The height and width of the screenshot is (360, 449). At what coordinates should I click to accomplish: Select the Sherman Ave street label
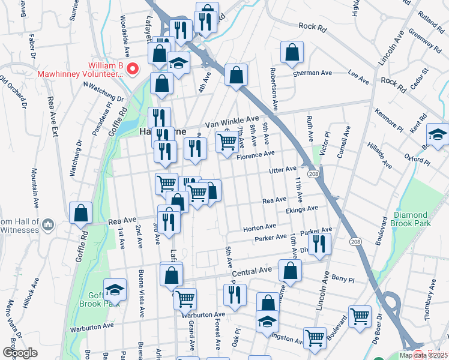tap(312, 73)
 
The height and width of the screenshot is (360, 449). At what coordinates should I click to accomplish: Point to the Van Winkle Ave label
tap(232, 121)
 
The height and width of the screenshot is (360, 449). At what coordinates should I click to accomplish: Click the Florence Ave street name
tap(255, 156)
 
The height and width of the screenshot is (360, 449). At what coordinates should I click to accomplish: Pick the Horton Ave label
tap(259, 227)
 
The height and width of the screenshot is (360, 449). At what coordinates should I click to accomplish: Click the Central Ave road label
tap(253, 273)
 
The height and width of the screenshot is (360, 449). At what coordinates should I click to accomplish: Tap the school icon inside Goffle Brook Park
tap(115, 290)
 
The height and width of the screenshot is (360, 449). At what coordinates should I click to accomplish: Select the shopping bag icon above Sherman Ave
tap(292, 53)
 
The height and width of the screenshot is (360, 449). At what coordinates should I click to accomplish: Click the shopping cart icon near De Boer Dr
tap(360, 316)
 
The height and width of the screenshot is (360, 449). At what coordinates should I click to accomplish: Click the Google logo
tap(20, 353)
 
